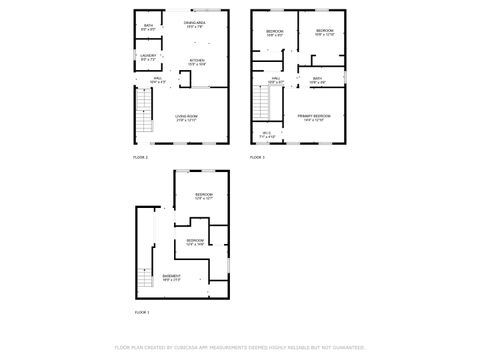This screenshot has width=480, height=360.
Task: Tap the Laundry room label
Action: pyautogui.click(x=148, y=56)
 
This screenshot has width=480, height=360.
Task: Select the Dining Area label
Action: pyautogui.click(x=195, y=22)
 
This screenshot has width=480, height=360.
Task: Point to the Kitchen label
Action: pyautogui.click(x=197, y=59)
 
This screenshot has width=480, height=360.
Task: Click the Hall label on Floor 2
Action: pyautogui.click(x=157, y=77)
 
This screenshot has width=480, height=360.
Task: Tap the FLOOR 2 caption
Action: pyautogui.click(x=140, y=157)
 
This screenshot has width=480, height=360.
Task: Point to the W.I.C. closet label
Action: pyautogui.click(x=267, y=133)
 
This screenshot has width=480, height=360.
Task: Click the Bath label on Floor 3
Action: pyautogui.click(x=317, y=78)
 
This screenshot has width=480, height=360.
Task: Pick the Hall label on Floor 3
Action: pyautogui.click(x=274, y=78)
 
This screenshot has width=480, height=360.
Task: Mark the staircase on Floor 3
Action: pyautogui.click(x=263, y=103)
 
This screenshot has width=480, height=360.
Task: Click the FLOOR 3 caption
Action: pyautogui.click(x=257, y=157)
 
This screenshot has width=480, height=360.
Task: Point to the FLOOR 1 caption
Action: pyautogui.click(x=141, y=313)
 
